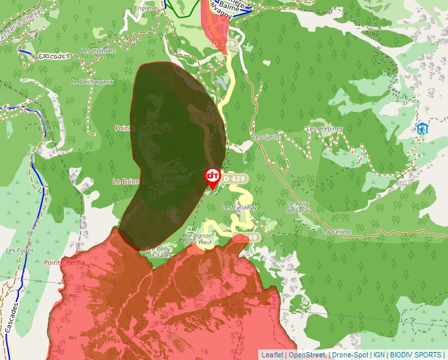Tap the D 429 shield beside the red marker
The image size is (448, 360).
235,178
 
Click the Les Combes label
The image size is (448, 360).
98,51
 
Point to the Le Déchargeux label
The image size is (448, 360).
93,82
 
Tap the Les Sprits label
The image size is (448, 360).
266,137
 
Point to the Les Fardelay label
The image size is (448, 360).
240,207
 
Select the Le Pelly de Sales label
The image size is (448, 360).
160,251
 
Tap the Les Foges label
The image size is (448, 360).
19,250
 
